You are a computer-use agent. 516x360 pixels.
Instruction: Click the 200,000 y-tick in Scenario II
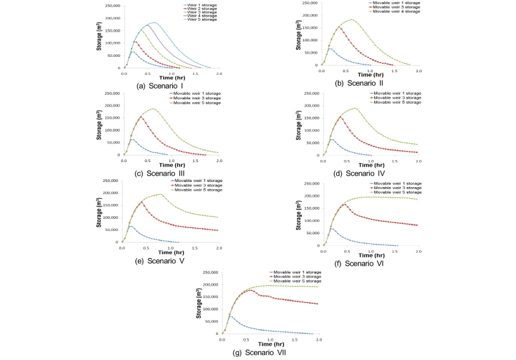coord(310,15)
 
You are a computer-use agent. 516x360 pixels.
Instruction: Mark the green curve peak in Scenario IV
coord(355,108)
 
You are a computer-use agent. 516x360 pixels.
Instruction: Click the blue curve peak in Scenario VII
coord(231,315)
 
